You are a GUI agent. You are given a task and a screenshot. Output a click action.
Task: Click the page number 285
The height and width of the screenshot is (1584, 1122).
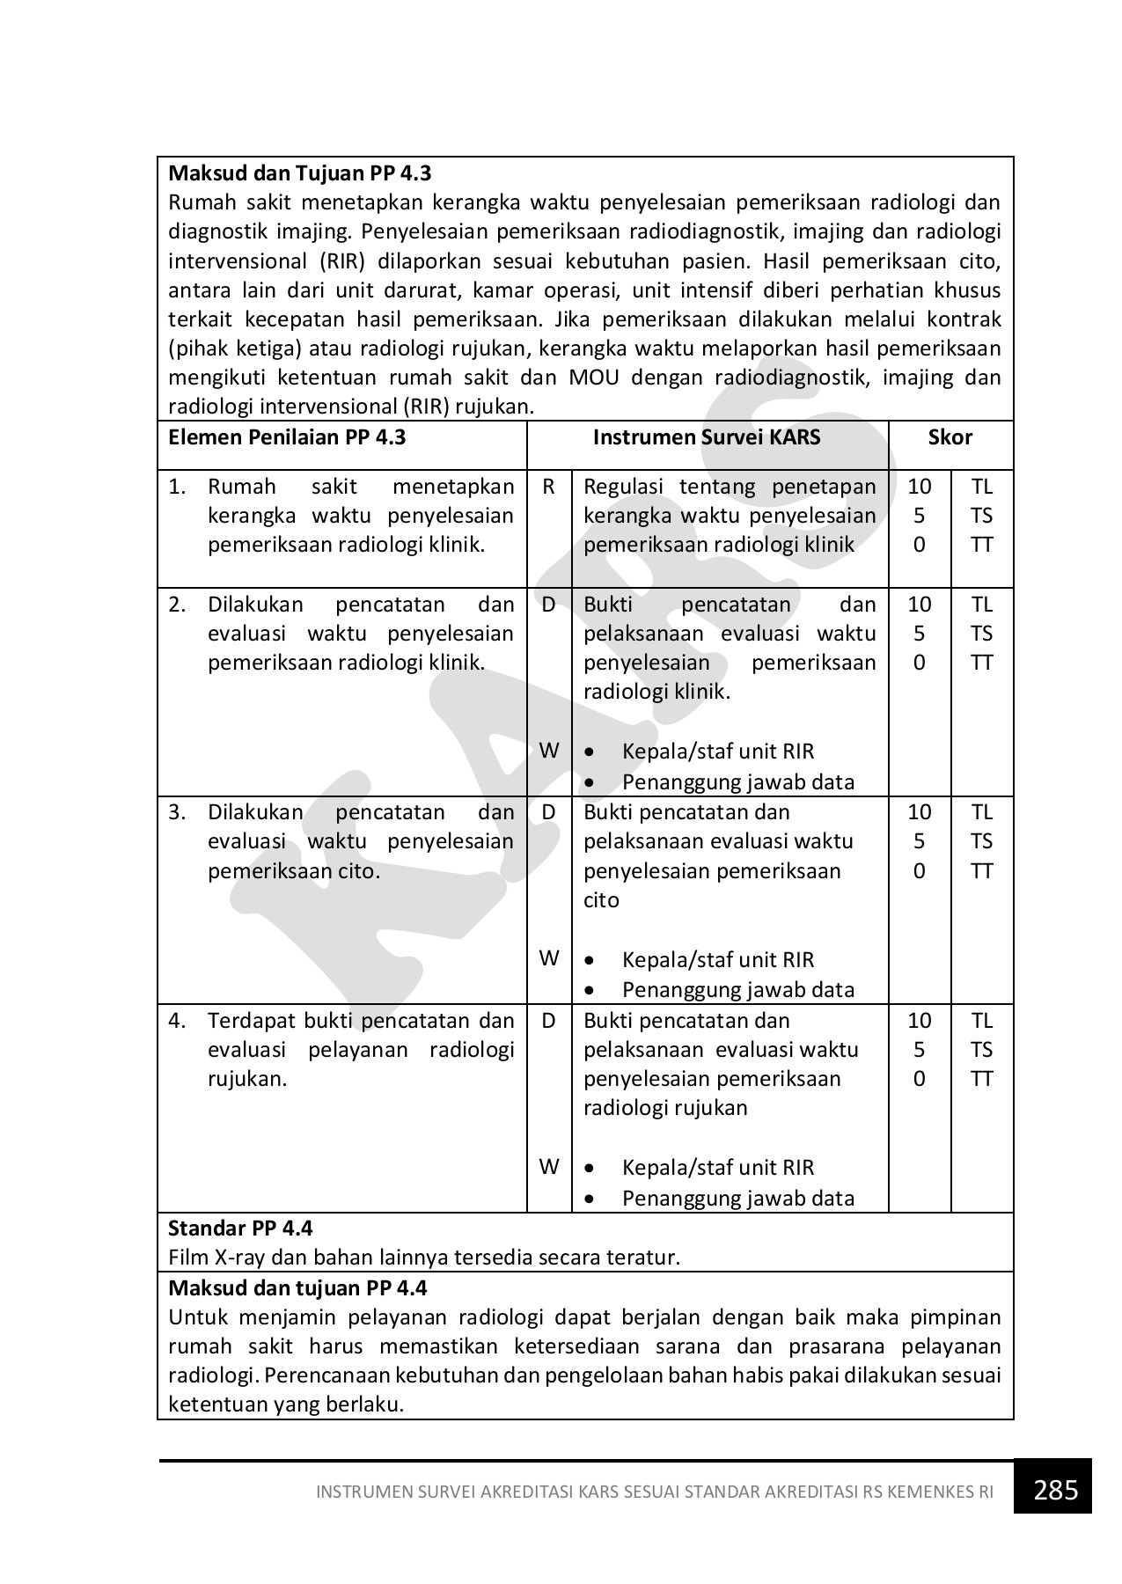tap(1055, 1490)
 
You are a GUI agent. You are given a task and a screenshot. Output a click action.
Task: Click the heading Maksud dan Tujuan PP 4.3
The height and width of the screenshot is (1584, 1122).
tap(299, 173)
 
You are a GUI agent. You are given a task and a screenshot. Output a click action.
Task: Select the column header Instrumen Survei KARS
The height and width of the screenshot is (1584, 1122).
tap(707, 437)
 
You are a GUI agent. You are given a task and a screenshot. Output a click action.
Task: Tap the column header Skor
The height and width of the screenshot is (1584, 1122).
tap(950, 437)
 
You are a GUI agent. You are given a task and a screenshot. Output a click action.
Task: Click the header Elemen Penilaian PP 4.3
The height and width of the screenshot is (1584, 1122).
tap(287, 437)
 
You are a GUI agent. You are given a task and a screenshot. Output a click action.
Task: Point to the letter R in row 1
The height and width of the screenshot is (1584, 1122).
tap(548, 487)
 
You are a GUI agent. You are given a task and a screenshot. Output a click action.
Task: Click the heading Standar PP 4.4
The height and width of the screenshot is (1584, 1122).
tap(239, 1228)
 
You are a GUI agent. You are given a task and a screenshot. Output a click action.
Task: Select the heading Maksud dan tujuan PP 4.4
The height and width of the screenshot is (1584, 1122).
tap(297, 1288)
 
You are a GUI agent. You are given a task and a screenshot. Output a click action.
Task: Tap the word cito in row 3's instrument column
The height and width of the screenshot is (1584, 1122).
tap(601, 900)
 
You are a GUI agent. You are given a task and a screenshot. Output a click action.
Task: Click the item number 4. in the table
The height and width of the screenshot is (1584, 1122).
tap(178, 1021)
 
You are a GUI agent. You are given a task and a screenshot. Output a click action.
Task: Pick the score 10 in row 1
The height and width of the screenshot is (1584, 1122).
tap(919, 487)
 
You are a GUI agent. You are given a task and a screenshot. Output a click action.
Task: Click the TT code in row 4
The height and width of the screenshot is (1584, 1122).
tap(981, 1079)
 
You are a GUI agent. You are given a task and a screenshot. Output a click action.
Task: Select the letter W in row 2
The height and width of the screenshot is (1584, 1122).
tap(548, 751)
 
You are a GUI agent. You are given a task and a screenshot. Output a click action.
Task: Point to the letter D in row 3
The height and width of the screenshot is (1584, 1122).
tap(548, 812)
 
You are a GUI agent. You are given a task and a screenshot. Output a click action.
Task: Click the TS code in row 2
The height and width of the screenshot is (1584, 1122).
tap(981, 634)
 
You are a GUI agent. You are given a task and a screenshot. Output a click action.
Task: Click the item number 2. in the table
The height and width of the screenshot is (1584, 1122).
tap(178, 605)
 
